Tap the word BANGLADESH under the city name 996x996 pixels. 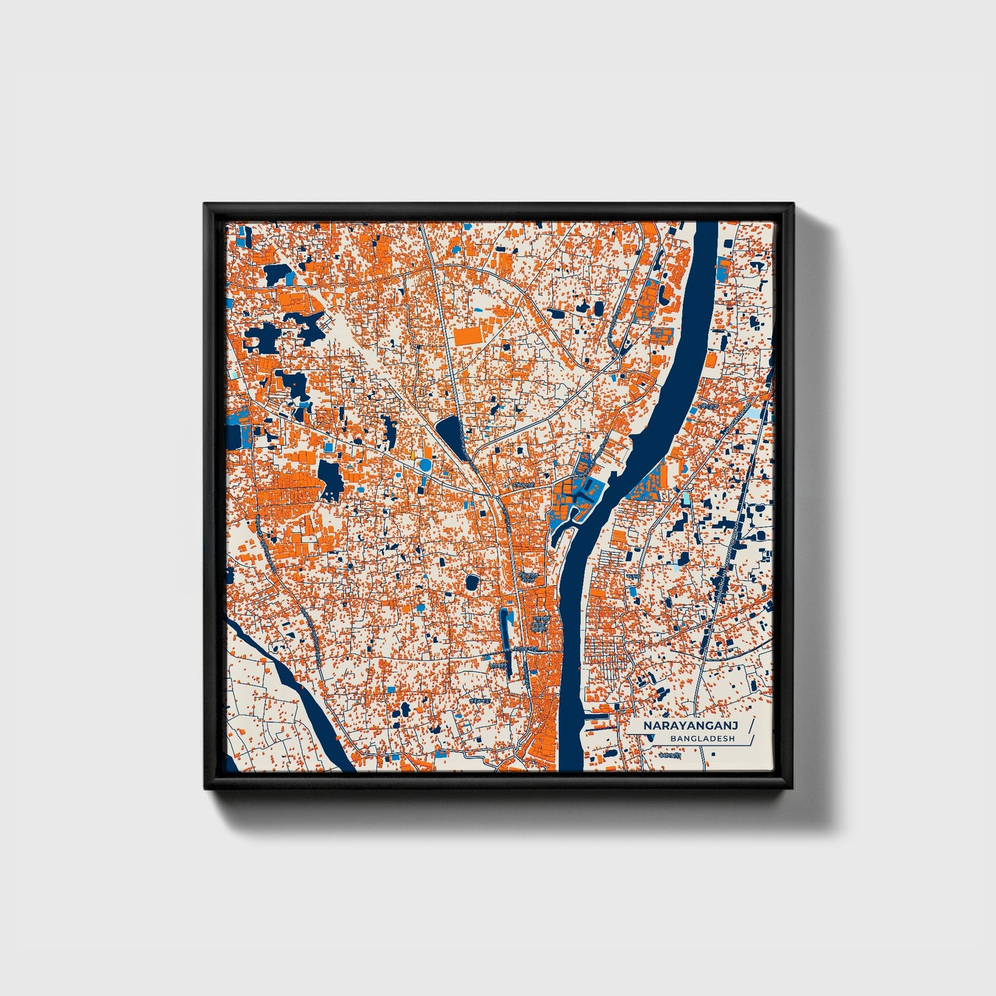pos(702,739)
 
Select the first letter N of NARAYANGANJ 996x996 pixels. pos(648,726)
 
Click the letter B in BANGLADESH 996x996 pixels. pos(672,739)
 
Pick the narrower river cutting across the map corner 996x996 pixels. pos(296,689)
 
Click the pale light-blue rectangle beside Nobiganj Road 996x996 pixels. pos(756,414)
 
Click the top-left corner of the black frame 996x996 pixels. pos(205,204)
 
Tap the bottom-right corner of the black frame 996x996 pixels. pos(792,788)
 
